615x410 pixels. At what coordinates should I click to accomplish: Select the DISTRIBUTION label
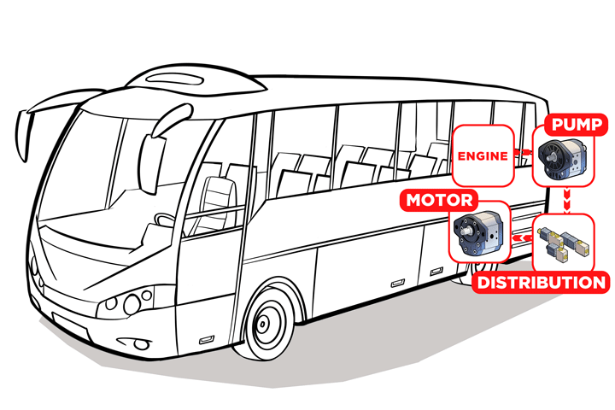point(540,283)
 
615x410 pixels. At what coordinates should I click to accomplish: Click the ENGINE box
point(483,155)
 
